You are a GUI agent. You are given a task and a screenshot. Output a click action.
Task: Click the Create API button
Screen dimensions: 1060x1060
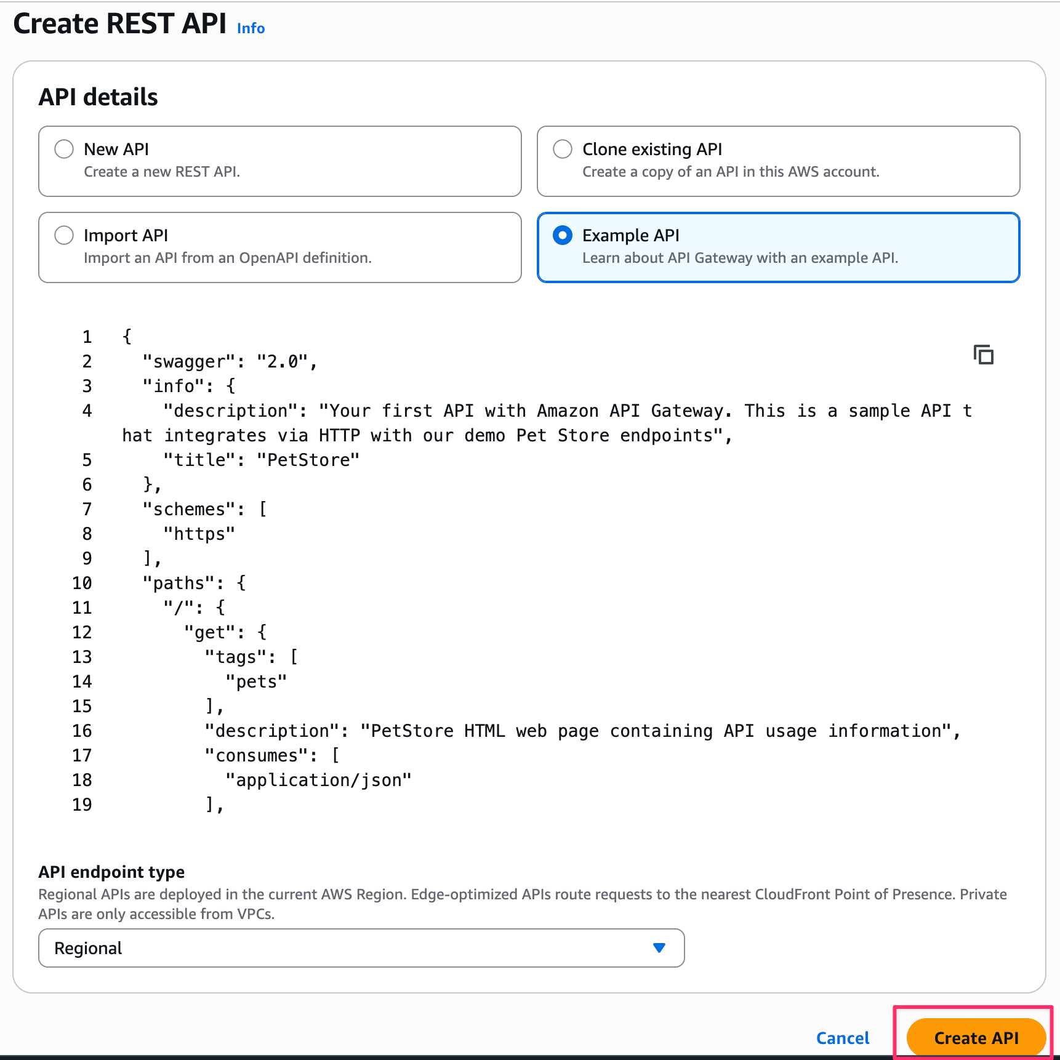point(976,1038)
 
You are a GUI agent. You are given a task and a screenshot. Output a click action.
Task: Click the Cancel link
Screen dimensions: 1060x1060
point(842,1038)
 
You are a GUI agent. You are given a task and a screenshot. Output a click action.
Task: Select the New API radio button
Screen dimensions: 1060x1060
point(64,149)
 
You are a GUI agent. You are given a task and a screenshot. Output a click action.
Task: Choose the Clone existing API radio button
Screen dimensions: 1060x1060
point(563,149)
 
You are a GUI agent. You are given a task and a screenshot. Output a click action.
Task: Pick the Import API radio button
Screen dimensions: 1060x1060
point(64,235)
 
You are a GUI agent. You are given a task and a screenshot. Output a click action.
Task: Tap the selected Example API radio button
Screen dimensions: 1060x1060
point(563,235)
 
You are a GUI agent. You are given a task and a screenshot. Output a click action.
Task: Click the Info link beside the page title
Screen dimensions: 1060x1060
point(251,28)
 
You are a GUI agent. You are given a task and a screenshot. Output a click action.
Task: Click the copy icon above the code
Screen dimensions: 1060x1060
point(983,355)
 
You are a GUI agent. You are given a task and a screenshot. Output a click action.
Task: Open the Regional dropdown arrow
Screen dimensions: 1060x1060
point(659,948)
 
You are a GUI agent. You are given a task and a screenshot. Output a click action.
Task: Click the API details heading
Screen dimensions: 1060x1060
point(98,97)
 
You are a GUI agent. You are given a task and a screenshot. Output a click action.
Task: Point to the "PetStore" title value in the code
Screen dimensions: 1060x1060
point(308,460)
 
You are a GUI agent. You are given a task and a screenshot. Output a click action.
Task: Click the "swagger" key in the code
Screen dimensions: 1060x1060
point(189,361)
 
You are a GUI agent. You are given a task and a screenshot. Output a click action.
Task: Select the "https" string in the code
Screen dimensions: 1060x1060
point(199,534)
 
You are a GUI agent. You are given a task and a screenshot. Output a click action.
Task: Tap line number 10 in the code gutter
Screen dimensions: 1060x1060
point(82,583)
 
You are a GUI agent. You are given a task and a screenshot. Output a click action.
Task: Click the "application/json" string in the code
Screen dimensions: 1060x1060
point(318,780)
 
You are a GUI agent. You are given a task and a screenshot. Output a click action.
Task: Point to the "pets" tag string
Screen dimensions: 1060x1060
point(256,681)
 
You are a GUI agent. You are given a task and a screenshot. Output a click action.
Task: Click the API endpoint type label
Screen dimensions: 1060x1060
point(111,872)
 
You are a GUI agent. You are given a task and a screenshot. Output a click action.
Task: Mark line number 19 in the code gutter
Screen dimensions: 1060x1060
point(82,805)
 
